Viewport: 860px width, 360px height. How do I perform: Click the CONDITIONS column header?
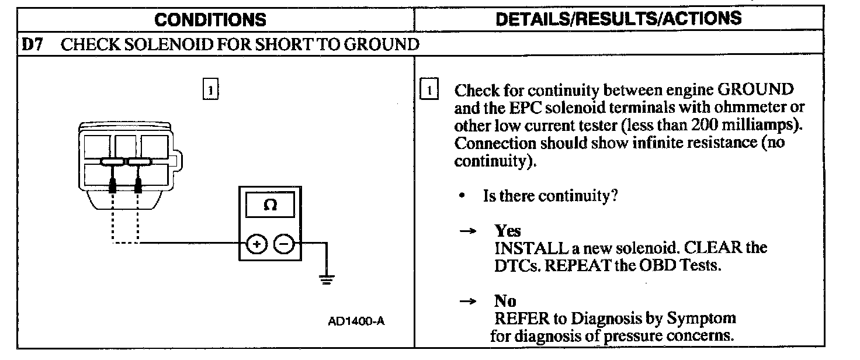210,19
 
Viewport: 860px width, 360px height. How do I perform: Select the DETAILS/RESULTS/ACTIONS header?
618,18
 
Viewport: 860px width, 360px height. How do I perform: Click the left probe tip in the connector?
112,187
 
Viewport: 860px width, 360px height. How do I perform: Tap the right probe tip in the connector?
139,187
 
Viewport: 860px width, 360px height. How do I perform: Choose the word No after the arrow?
505,301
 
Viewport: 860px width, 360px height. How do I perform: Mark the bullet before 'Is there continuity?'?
462,196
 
